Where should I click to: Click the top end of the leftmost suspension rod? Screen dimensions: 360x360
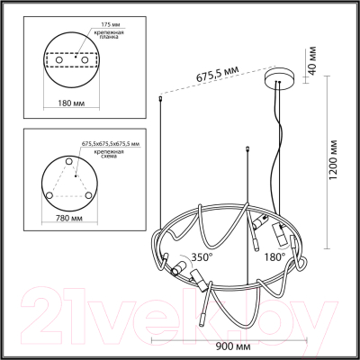coord(161,98)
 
